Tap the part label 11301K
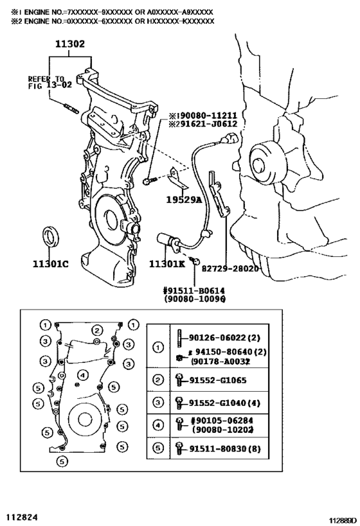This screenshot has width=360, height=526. coord(167,263)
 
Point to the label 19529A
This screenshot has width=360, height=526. coord(184,200)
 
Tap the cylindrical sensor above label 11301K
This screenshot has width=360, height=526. coord(168,241)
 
